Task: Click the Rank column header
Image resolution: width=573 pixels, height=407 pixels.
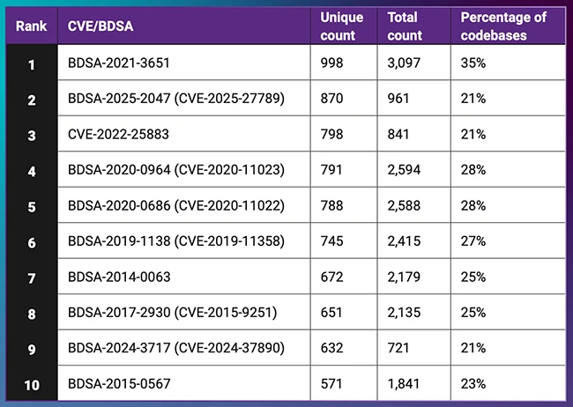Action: (31, 26)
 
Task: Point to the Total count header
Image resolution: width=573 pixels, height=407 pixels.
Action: (406, 26)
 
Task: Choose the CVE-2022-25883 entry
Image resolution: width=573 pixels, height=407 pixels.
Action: (118, 134)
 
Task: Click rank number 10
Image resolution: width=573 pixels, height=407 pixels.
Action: (31, 384)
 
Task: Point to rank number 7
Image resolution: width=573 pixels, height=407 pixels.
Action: (31, 277)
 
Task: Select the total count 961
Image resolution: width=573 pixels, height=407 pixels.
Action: (398, 99)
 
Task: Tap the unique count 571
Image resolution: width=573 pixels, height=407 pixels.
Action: (331, 384)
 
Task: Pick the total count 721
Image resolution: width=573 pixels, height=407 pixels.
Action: (398, 348)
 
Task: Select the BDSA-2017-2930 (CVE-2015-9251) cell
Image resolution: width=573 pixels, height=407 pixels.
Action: (175, 313)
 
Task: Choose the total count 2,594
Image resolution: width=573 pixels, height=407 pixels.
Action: (406, 170)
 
